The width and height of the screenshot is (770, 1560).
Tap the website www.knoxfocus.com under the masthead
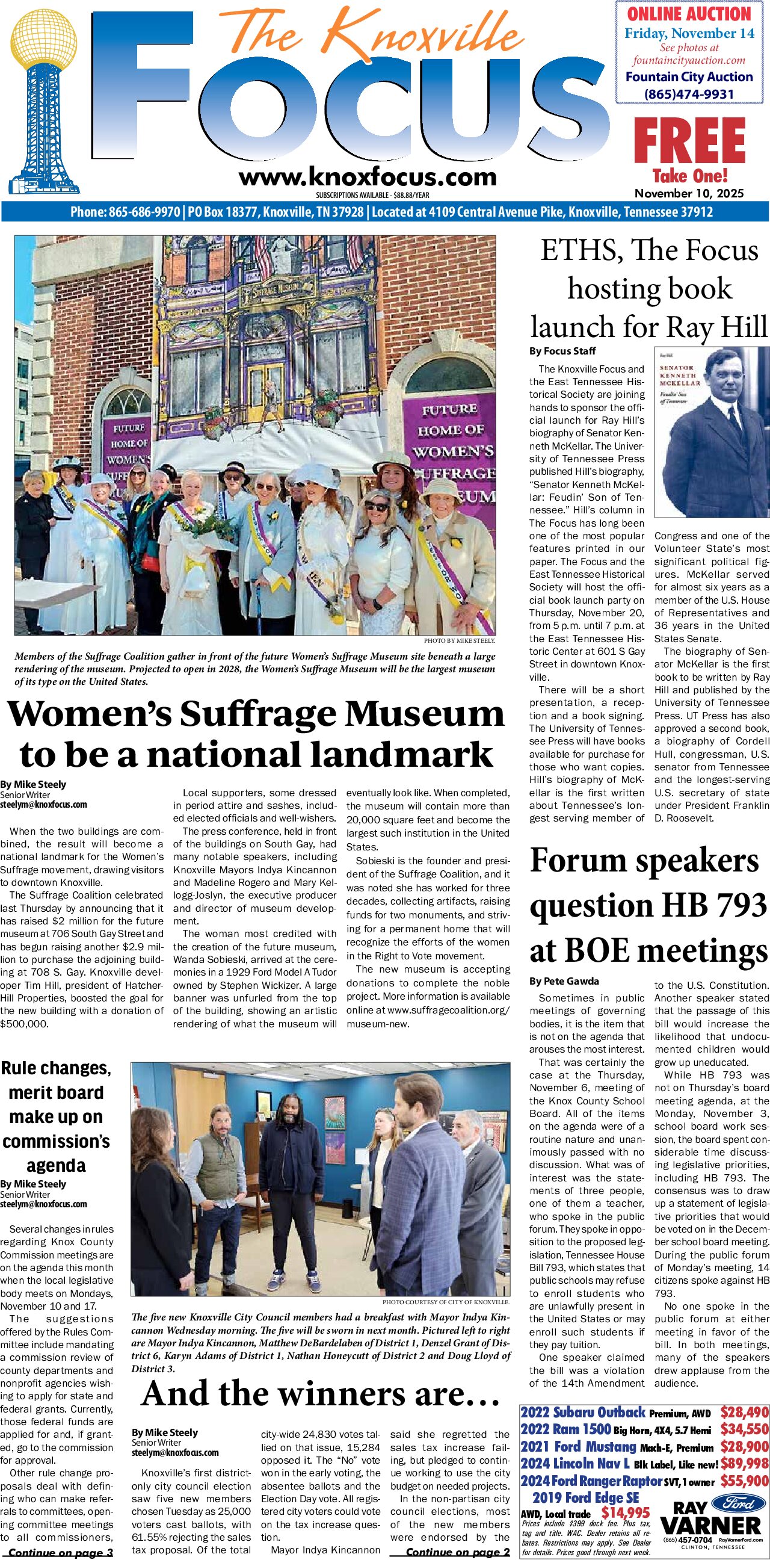[x=368, y=178]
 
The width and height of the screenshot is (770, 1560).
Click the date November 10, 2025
[x=689, y=193]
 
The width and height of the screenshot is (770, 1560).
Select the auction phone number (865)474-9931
[x=689, y=94]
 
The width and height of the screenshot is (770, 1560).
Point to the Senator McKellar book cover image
[x=711, y=432]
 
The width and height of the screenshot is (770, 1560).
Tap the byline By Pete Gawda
[x=564, y=980]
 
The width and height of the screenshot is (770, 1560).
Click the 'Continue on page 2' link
[x=458, y=1552]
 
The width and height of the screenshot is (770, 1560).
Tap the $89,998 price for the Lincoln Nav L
[x=744, y=1464]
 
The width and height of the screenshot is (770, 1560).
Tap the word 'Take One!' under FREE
[x=689, y=176]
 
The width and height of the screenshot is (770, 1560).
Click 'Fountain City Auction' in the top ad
[x=689, y=77]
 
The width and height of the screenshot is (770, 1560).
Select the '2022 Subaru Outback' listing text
[x=582, y=1413]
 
